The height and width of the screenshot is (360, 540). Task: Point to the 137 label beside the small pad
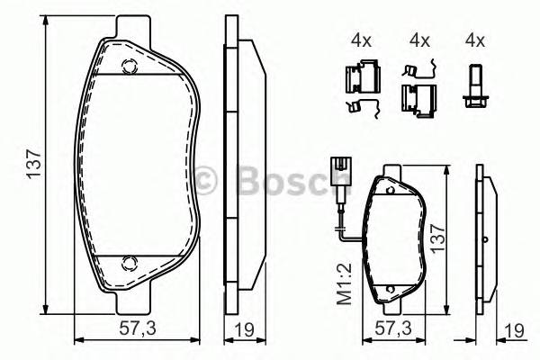(439, 239)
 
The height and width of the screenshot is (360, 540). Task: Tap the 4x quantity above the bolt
(474, 40)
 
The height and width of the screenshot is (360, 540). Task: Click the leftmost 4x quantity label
(361, 40)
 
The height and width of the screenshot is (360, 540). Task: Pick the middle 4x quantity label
(418, 40)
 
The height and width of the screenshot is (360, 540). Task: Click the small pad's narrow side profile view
(486, 239)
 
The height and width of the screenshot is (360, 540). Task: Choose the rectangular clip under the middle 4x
(415, 96)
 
